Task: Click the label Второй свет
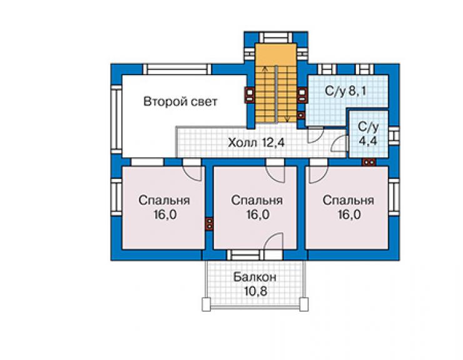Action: [180, 101]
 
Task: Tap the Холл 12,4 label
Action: [257, 143]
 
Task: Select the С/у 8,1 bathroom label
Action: [345, 91]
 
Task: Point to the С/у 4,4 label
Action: [368, 133]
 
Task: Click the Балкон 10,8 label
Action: [255, 284]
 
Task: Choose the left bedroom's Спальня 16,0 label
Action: [164, 207]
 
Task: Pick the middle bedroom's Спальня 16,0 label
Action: [257, 207]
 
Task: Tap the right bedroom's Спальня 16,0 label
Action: [349, 207]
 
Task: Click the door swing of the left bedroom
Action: [193, 173]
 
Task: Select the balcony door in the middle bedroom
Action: [273, 242]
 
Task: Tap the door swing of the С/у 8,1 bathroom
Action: [316, 135]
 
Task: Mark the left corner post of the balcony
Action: [206, 304]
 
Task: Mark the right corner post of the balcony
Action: [304, 304]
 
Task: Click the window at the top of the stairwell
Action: [276, 38]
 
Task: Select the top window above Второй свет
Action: [177, 69]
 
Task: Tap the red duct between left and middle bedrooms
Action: [209, 224]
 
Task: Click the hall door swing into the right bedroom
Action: [318, 175]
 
